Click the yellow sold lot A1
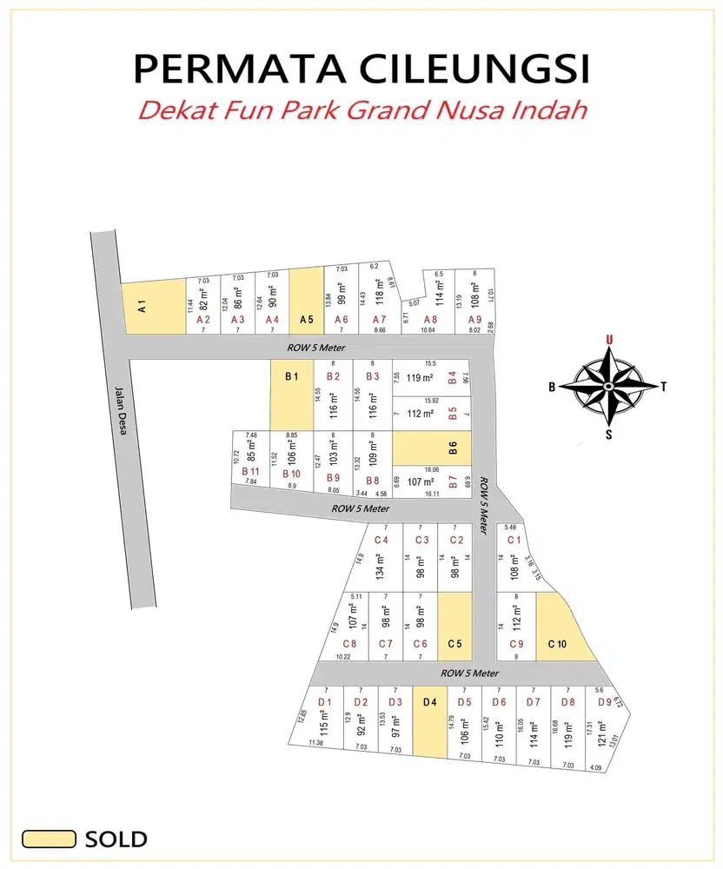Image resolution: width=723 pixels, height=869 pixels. coord(154,307)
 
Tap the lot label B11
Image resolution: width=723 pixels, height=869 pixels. coord(250,471)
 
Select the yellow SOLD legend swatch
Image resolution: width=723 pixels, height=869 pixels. coord(49,839)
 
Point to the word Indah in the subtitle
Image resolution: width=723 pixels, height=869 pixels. coord(550,111)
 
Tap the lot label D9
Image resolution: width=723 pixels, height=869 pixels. coord(604,702)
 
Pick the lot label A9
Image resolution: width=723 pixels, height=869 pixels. coord(474,320)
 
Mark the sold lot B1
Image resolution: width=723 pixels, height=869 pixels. coord(291,395)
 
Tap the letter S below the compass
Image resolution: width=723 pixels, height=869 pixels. coord(608,434)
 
